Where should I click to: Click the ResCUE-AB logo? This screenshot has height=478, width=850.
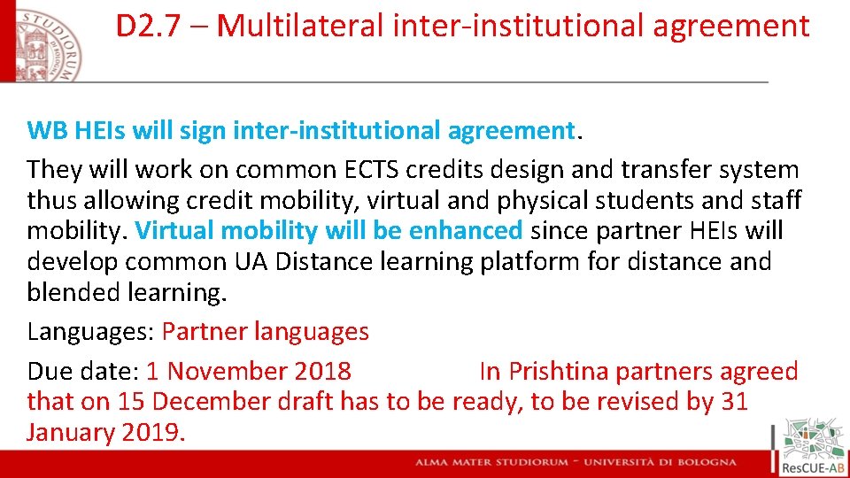click(811, 447)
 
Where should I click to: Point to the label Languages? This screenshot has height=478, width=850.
click(91, 332)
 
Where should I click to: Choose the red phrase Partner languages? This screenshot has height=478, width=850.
click(265, 332)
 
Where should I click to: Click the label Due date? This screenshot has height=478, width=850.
click(83, 372)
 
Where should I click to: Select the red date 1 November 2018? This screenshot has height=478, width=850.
click(249, 372)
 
